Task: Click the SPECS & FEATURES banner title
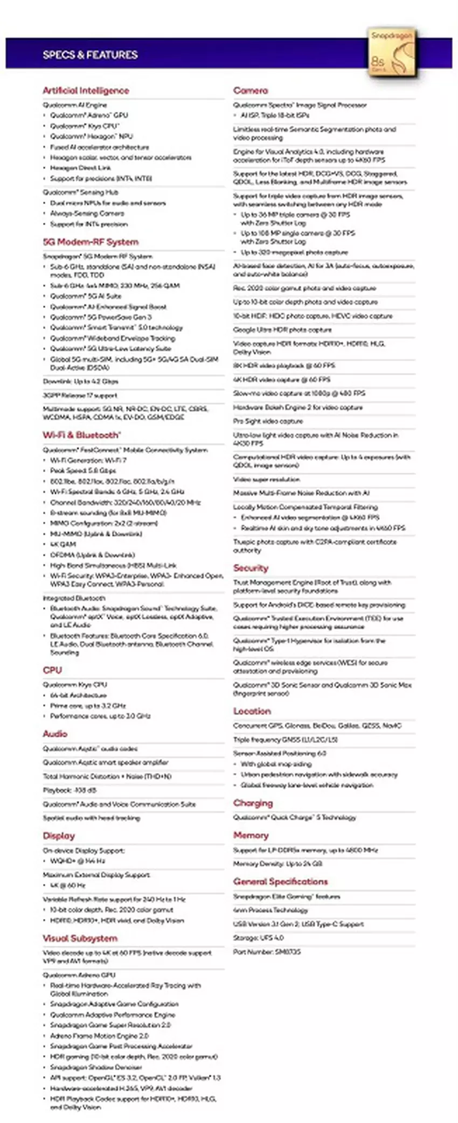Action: (x=90, y=54)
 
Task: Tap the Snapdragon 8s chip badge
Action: (x=393, y=53)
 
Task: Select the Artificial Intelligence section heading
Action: (x=86, y=90)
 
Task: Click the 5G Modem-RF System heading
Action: (x=91, y=242)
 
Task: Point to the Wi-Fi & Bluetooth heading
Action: (x=81, y=435)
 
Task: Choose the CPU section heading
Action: (x=52, y=670)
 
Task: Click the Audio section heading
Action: (x=55, y=734)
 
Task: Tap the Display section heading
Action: (x=59, y=836)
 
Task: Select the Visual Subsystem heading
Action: (x=80, y=938)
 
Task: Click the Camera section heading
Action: (x=251, y=90)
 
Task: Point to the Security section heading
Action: (x=251, y=568)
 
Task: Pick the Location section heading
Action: (x=252, y=711)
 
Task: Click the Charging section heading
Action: (x=253, y=803)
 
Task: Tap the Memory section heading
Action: (x=251, y=835)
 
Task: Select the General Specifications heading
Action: (x=280, y=882)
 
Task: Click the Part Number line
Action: (x=267, y=952)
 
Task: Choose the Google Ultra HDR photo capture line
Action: (x=282, y=329)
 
